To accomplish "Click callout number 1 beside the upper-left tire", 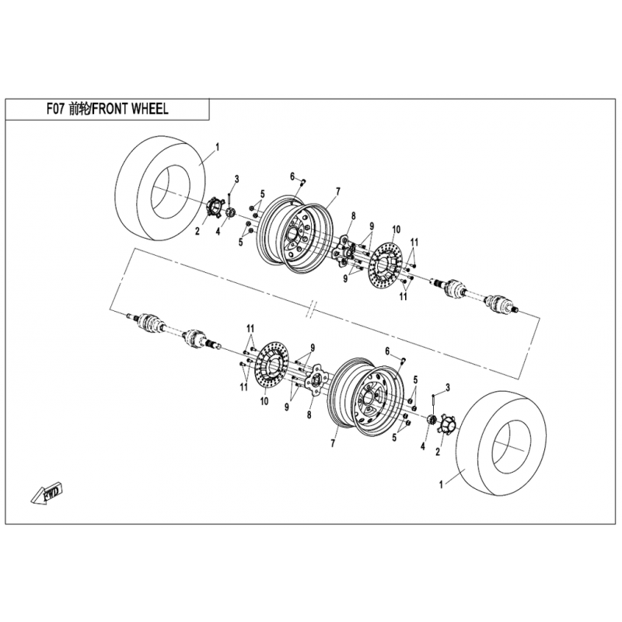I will point(218,146).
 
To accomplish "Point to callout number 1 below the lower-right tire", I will point(441,484).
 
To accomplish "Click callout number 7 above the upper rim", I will point(338,190).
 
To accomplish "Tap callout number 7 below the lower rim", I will point(332,443).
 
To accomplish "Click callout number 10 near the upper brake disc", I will point(396,229).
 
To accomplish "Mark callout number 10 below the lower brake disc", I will point(264,401).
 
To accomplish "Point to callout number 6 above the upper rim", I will point(293,176).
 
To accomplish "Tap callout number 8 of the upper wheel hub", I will point(353,215).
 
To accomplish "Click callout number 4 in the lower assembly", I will point(423,446).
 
